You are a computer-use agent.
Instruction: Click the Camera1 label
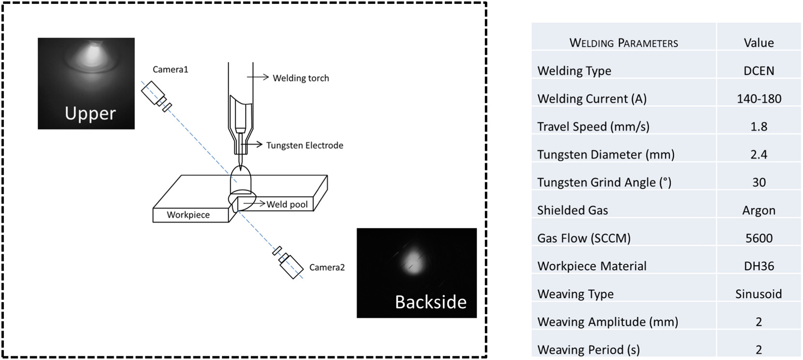pyautogui.click(x=170, y=70)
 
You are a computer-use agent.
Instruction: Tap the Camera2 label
pyautogui.click(x=327, y=267)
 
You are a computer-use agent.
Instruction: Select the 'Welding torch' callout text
pyautogui.click(x=301, y=78)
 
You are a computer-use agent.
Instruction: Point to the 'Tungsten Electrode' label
pyautogui.click(x=305, y=145)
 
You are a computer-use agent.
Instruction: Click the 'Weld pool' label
pyautogui.click(x=287, y=204)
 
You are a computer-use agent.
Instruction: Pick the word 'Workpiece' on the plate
pyautogui.click(x=188, y=215)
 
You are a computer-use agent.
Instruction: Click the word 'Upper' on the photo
pyautogui.click(x=90, y=114)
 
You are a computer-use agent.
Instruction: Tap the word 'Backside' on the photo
pyautogui.click(x=430, y=302)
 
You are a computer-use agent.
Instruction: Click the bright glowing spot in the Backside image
pyautogui.click(x=412, y=261)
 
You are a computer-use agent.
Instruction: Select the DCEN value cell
pyautogui.click(x=759, y=71)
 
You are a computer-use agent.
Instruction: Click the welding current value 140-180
pyautogui.click(x=759, y=99)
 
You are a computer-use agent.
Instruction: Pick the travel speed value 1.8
pyautogui.click(x=759, y=127)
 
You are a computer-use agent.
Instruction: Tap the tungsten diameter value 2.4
pyautogui.click(x=759, y=155)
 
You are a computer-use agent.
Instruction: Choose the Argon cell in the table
pyautogui.click(x=759, y=210)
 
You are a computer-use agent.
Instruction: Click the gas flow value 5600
pyautogui.click(x=759, y=238)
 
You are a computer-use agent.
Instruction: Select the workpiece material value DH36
pyautogui.click(x=759, y=266)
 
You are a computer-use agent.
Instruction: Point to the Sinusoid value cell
pyautogui.click(x=759, y=294)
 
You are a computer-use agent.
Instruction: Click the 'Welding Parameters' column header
pyautogui.click(x=624, y=43)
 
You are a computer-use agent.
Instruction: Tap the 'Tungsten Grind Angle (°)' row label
pyautogui.click(x=604, y=183)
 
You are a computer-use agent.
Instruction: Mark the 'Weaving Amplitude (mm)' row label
pyautogui.click(x=607, y=322)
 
